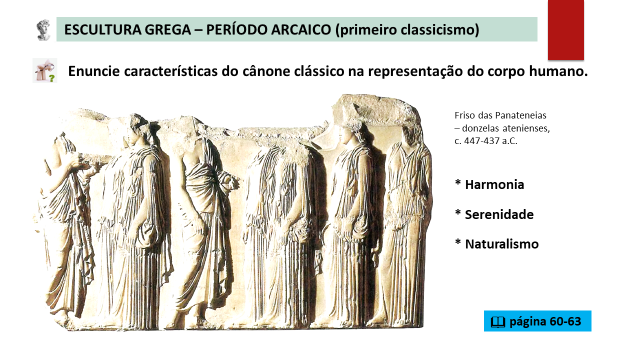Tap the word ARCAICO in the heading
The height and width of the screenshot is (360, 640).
coord(301,29)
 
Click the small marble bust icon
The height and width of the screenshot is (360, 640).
coord(43,30)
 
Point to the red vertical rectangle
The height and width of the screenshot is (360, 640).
coord(565,29)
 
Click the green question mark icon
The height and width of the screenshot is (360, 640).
coord(51,78)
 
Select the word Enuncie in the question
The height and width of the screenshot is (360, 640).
coord(93,71)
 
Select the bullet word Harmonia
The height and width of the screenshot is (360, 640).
coord(494,184)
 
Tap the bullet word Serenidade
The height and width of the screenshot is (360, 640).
coord(499,214)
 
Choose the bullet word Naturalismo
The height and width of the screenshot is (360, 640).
coord(501,244)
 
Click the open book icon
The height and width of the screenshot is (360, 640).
coord(498,322)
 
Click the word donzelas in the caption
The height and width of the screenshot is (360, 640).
coord(481,128)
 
